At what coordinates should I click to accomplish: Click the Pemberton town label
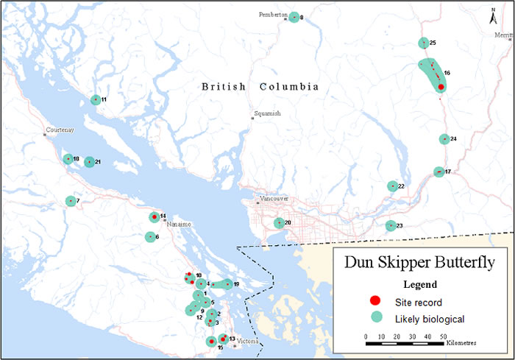tap(272, 15)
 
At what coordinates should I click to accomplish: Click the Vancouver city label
tap(273, 200)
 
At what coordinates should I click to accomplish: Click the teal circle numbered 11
tap(95, 100)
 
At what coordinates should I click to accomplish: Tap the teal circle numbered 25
tap(423, 43)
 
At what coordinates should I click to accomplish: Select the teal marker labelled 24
tap(444, 139)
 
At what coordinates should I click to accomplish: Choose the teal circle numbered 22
tap(393, 186)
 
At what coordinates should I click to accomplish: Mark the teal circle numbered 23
tap(391, 226)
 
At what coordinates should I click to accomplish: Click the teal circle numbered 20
tap(279, 223)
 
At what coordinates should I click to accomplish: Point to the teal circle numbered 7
tap(71, 201)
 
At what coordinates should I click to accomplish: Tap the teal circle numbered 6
tap(150, 237)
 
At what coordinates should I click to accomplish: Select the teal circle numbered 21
tap(90, 162)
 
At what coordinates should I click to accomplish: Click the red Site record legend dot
tap(374, 300)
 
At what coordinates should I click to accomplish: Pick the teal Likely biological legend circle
tap(374, 318)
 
